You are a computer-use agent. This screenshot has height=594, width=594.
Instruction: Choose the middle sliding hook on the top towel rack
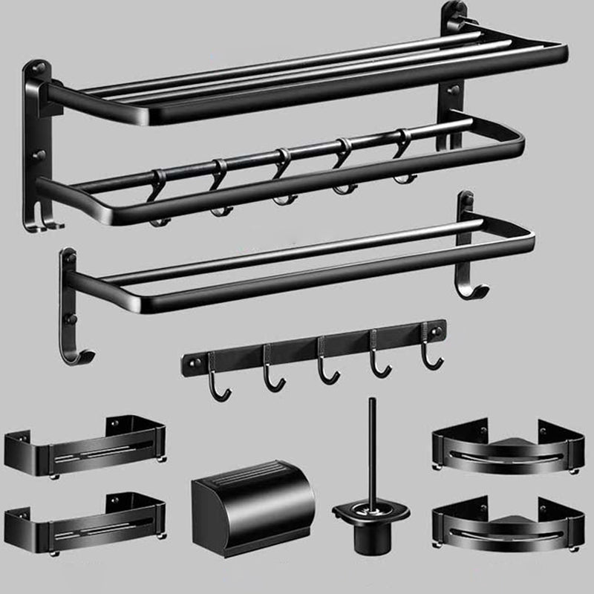pyautogui.click(x=280, y=182)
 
